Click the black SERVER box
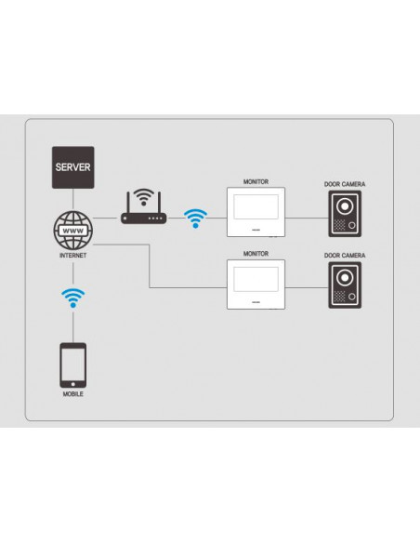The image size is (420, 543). coord(73,167)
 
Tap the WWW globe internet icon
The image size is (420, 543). coord(73,231)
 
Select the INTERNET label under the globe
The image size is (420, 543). coord(73,256)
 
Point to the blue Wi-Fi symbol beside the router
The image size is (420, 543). coord(195,219)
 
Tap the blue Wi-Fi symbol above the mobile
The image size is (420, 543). coord(73,298)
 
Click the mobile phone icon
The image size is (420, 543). coord(73,365)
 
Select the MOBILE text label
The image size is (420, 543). coord(73,394)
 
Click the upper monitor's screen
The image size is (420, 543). coord(256,206)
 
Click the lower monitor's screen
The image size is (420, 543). coord(256,279)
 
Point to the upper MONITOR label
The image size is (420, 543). coord(256,182)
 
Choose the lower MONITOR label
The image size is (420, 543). coord(256,254)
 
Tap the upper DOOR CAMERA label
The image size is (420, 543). coord(345,184)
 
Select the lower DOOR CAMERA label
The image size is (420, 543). coord(345,256)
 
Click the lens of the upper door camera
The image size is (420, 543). coord(345,206)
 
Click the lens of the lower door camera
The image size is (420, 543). coord(345,278)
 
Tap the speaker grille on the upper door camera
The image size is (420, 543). coord(340,225)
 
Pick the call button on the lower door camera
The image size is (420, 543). coord(352,297)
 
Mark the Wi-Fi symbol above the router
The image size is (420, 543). coord(144,197)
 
